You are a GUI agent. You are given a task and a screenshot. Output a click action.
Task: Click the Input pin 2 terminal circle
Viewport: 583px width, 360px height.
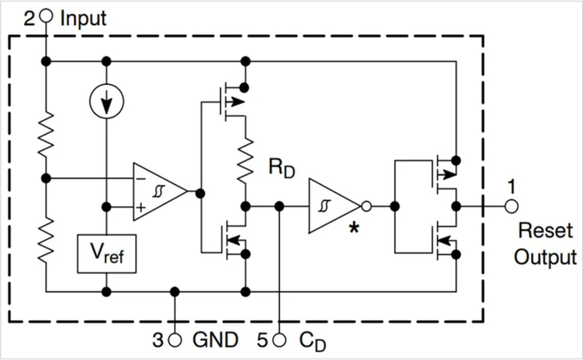[46, 16]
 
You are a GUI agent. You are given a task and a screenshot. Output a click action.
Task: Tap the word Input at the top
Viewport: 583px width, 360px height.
[83, 18]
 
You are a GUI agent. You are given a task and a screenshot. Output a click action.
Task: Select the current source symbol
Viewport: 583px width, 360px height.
[107, 101]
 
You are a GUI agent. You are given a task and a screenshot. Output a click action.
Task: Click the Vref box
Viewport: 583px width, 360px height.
[107, 253]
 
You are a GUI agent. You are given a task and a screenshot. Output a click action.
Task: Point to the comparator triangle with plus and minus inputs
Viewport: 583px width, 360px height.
[160, 192]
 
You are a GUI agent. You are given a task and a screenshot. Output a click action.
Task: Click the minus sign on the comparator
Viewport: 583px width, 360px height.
[141, 179]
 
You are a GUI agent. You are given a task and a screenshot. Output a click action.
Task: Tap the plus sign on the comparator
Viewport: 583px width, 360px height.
[141, 207]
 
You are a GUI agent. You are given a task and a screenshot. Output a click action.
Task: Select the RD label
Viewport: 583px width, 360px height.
[282, 168]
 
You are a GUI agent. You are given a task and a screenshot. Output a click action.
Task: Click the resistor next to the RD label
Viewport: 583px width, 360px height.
[246, 161]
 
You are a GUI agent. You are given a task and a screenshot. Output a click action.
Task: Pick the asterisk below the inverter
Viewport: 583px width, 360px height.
[354, 227]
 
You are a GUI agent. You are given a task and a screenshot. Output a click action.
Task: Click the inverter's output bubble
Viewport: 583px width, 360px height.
[366, 206]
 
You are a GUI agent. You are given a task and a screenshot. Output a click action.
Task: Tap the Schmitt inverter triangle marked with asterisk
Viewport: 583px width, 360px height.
[334, 206]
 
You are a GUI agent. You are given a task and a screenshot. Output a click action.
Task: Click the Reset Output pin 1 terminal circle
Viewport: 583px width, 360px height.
[511, 206]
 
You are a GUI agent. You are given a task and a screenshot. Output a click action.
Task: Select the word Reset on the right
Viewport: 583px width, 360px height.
[546, 231]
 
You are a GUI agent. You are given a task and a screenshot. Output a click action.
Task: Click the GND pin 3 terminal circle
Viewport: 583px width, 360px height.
[175, 339]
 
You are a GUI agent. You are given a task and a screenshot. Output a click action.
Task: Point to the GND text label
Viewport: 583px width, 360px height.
[215, 340]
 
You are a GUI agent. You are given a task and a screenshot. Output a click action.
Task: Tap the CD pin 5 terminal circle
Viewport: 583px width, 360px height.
[279, 339]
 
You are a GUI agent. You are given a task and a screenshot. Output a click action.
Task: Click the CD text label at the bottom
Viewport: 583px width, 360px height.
[312, 341]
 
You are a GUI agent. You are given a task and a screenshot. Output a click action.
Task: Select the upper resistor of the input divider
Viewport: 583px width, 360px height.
[46, 134]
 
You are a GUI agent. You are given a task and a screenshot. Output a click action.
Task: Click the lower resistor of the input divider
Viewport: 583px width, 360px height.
[46, 240]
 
